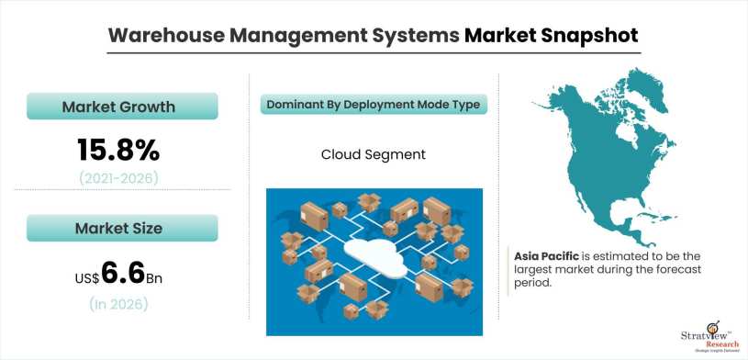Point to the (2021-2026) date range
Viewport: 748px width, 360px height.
coord(118,176)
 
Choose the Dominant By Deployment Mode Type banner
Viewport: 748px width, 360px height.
coord(373,105)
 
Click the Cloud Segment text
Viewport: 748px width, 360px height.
coord(373,154)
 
